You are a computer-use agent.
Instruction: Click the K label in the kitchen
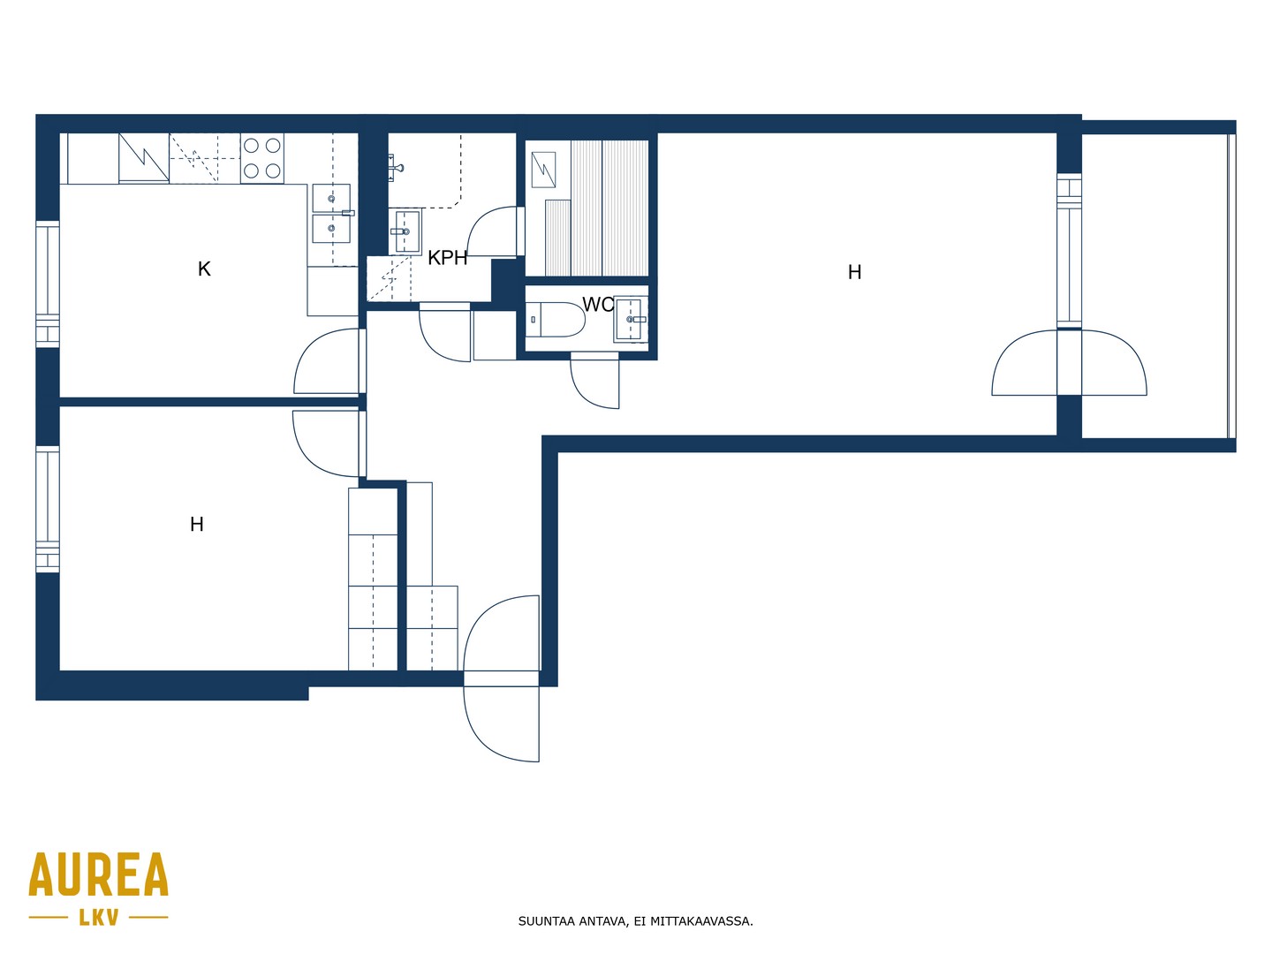point(204,269)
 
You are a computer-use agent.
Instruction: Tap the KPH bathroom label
point(447,258)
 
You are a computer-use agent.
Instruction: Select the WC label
point(597,304)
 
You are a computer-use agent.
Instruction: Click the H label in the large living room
point(854,272)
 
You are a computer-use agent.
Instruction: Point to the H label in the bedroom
point(196,524)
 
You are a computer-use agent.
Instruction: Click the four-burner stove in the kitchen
point(262,158)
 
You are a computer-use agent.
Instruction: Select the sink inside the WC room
point(631,319)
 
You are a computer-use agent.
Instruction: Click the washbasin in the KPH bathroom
point(405,231)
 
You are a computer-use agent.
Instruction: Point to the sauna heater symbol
point(543,170)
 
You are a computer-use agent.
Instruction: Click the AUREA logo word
point(99,874)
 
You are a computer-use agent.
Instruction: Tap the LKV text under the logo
point(99,918)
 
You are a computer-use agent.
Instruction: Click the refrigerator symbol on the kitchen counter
point(144,158)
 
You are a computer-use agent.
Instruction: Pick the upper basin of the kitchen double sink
point(331,198)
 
